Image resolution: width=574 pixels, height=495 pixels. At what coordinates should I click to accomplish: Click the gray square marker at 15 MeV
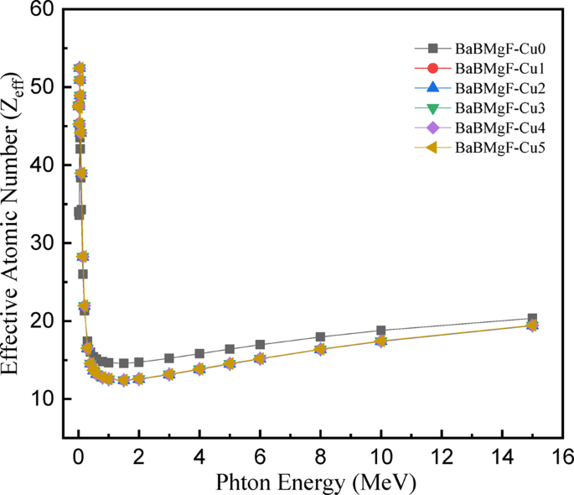point(532,319)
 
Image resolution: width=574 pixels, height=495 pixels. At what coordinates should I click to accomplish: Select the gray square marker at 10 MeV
point(381,331)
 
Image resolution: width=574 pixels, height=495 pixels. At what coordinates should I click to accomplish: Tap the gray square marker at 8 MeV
point(320,337)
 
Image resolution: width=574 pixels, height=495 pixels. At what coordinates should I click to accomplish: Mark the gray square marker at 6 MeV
point(260,345)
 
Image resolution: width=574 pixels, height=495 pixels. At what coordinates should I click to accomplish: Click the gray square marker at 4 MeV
point(199,354)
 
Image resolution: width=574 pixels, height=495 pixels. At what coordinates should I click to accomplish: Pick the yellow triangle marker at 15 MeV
point(532,325)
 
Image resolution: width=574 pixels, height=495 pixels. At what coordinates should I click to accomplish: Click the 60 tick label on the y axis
point(40,10)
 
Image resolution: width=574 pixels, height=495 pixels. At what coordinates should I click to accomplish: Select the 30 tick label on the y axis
point(40,243)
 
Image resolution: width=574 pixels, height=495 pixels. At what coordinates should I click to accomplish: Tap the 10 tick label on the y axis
point(40,399)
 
